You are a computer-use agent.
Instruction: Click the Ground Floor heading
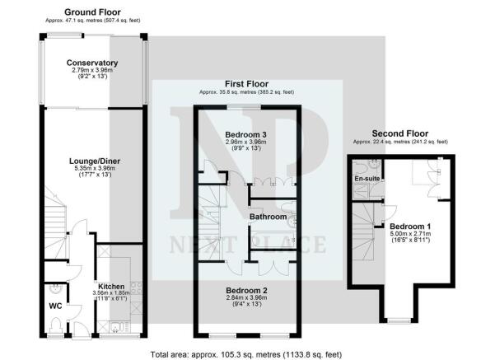pyautogui.click(x=92, y=12)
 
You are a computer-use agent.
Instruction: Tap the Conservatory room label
pyautogui.click(x=92, y=63)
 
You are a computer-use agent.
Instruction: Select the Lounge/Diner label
pyautogui.click(x=95, y=161)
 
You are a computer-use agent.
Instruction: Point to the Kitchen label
pyautogui.click(x=111, y=287)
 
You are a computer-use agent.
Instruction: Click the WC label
pyautogui.click(x=55, y=306)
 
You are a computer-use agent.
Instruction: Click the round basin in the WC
pyautogui.click(x=56, y=289)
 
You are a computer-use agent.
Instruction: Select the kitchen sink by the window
pyautogui.click(x=115, y=327)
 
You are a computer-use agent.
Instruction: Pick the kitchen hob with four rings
pyautogui.click(x=137, y=288)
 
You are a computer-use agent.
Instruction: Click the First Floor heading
pyautogui.click(x=246, y=84)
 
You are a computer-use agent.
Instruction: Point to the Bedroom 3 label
pyautogui.click(x=246, y=135)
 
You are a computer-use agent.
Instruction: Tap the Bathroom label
pyautogui.click(x=269, y=217)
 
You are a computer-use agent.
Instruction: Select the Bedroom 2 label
pyautogui.click(x=247, y=290)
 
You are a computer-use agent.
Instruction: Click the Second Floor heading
pyautogui.click(x=400, y=133)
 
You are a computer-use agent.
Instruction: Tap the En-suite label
pyautogui.click(x=367, y=179)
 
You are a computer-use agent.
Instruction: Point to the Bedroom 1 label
pyautogui.click(x=410, y=227)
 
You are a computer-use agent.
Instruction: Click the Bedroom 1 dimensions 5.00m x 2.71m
pyautogui.click(x=410, y=234)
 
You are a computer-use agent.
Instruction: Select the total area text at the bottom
pyautogui.click(x=246, y=354)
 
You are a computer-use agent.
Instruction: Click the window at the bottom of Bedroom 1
pyautogui.click(x=399, y=320)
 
